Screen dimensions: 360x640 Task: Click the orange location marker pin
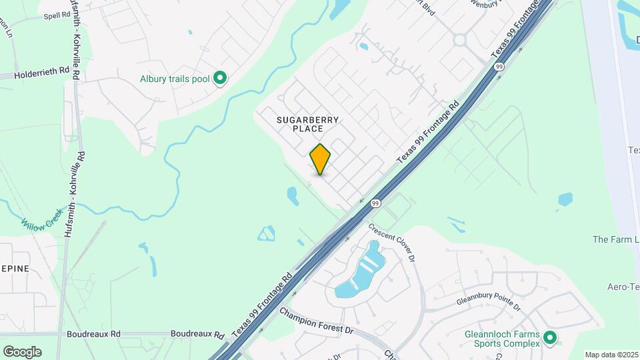[320, 159]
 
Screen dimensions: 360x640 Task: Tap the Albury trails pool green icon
[219, 79]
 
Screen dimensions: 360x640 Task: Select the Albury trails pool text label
[175, 79]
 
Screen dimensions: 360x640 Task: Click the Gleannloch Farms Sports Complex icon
[550, 339]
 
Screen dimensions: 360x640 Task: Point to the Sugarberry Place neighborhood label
[308, 124]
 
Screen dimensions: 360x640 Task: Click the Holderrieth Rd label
[41, 69]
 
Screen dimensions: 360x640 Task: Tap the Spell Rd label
[58, 15]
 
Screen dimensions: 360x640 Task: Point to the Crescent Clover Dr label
[396, 243]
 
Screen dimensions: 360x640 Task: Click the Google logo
[22, 351]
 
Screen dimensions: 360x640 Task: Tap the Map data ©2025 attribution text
[611, 355]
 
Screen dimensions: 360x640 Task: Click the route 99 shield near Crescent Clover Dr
[376, 203]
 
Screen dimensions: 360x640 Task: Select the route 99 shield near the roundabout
[499, 67]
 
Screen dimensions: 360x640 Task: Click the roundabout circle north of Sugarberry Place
[459, 40]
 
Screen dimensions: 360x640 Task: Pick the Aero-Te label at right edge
[623, 287]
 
